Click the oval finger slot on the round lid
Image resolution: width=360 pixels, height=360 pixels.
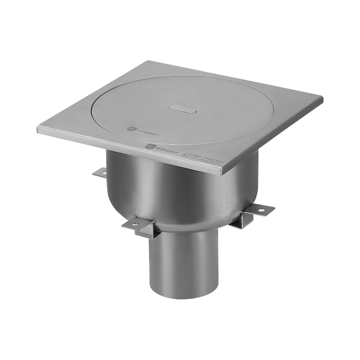click(x=182, y=108)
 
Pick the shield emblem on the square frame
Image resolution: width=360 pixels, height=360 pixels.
click(x=151, y=146)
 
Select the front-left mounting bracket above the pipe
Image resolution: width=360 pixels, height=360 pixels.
click(x=139, y=225)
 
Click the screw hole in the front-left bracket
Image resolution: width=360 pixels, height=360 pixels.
click(x=134, y=224)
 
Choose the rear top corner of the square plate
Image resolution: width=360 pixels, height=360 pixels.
click(x=149, y=62)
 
